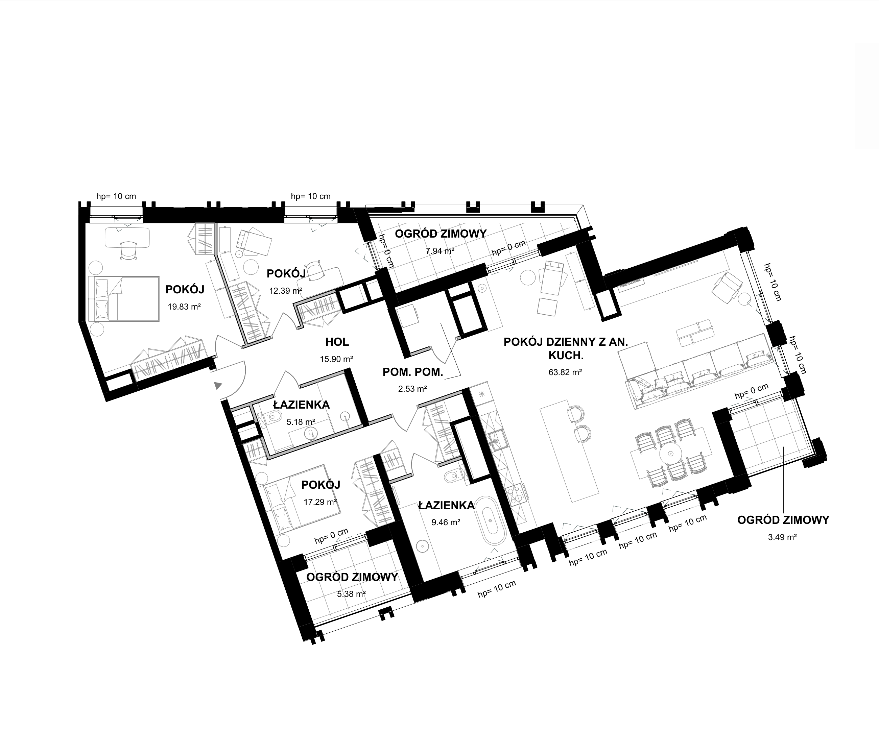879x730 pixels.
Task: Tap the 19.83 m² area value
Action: click(x=184, y=307)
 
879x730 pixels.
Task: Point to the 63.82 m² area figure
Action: click(x=565, y=372)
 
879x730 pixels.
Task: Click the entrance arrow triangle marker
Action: click(x=218, y=385)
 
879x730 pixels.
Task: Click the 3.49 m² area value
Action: click(x=782, y=537)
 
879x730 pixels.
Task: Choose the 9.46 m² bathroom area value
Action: click(x=446, y=522)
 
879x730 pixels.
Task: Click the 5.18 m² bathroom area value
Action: click(x=301, y=422)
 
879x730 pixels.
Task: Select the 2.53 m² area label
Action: click(x=412, y=389)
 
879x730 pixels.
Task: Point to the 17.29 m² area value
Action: click(x=320, y=502)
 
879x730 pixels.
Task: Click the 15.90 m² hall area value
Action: click(x=336, y=359)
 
